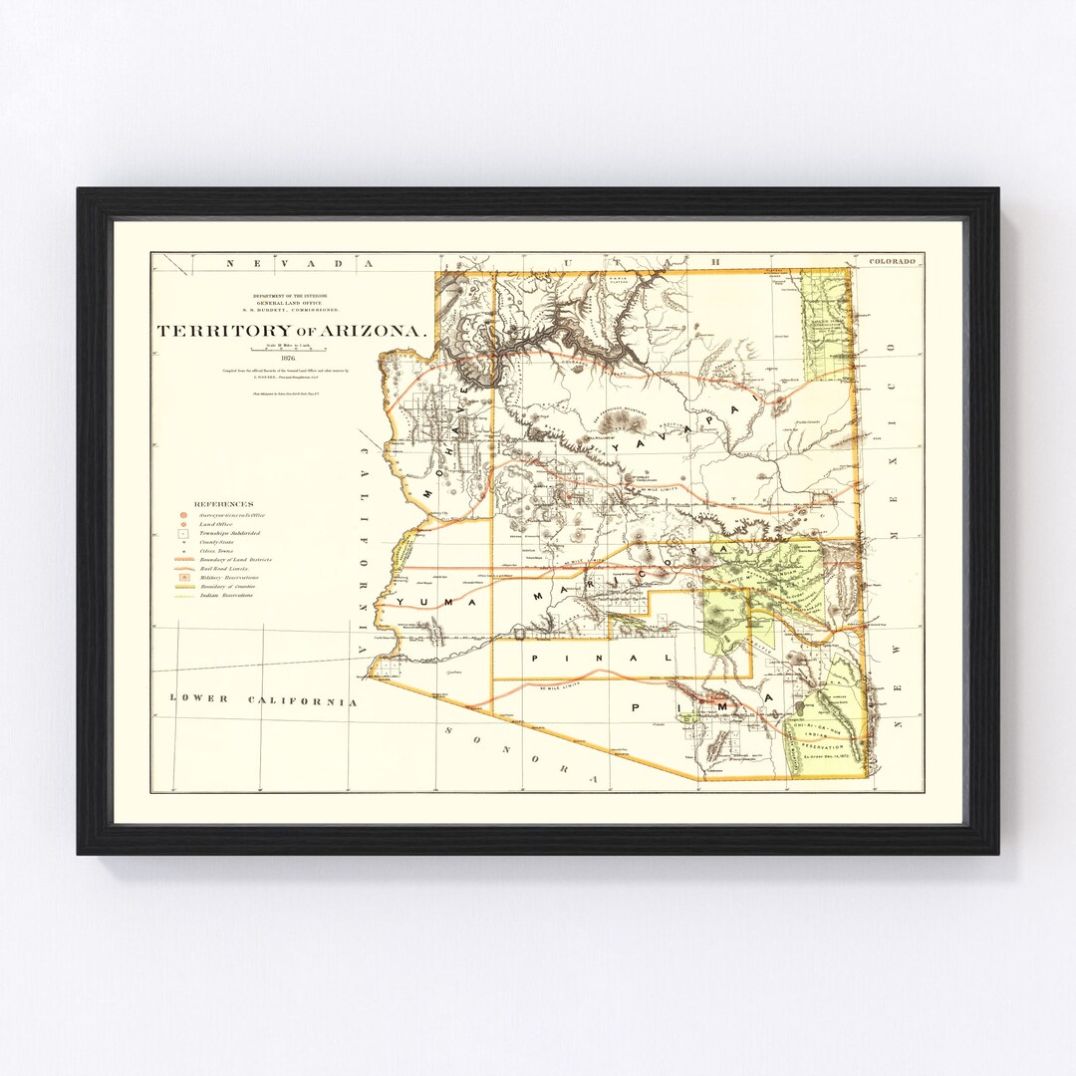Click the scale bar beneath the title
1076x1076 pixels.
[x=288, y=348]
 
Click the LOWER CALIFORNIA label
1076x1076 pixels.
[x=263, y=700]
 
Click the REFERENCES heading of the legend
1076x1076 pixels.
[x=224, y=505]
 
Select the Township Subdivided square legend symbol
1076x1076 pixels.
[x=184, y=534]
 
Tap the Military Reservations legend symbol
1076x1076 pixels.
[x=184, y=577]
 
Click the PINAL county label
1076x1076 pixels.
[x=603, y=659]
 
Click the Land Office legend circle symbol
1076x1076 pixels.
[x=184, y=524]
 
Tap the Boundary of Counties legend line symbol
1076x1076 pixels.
[x=184, y=586]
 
